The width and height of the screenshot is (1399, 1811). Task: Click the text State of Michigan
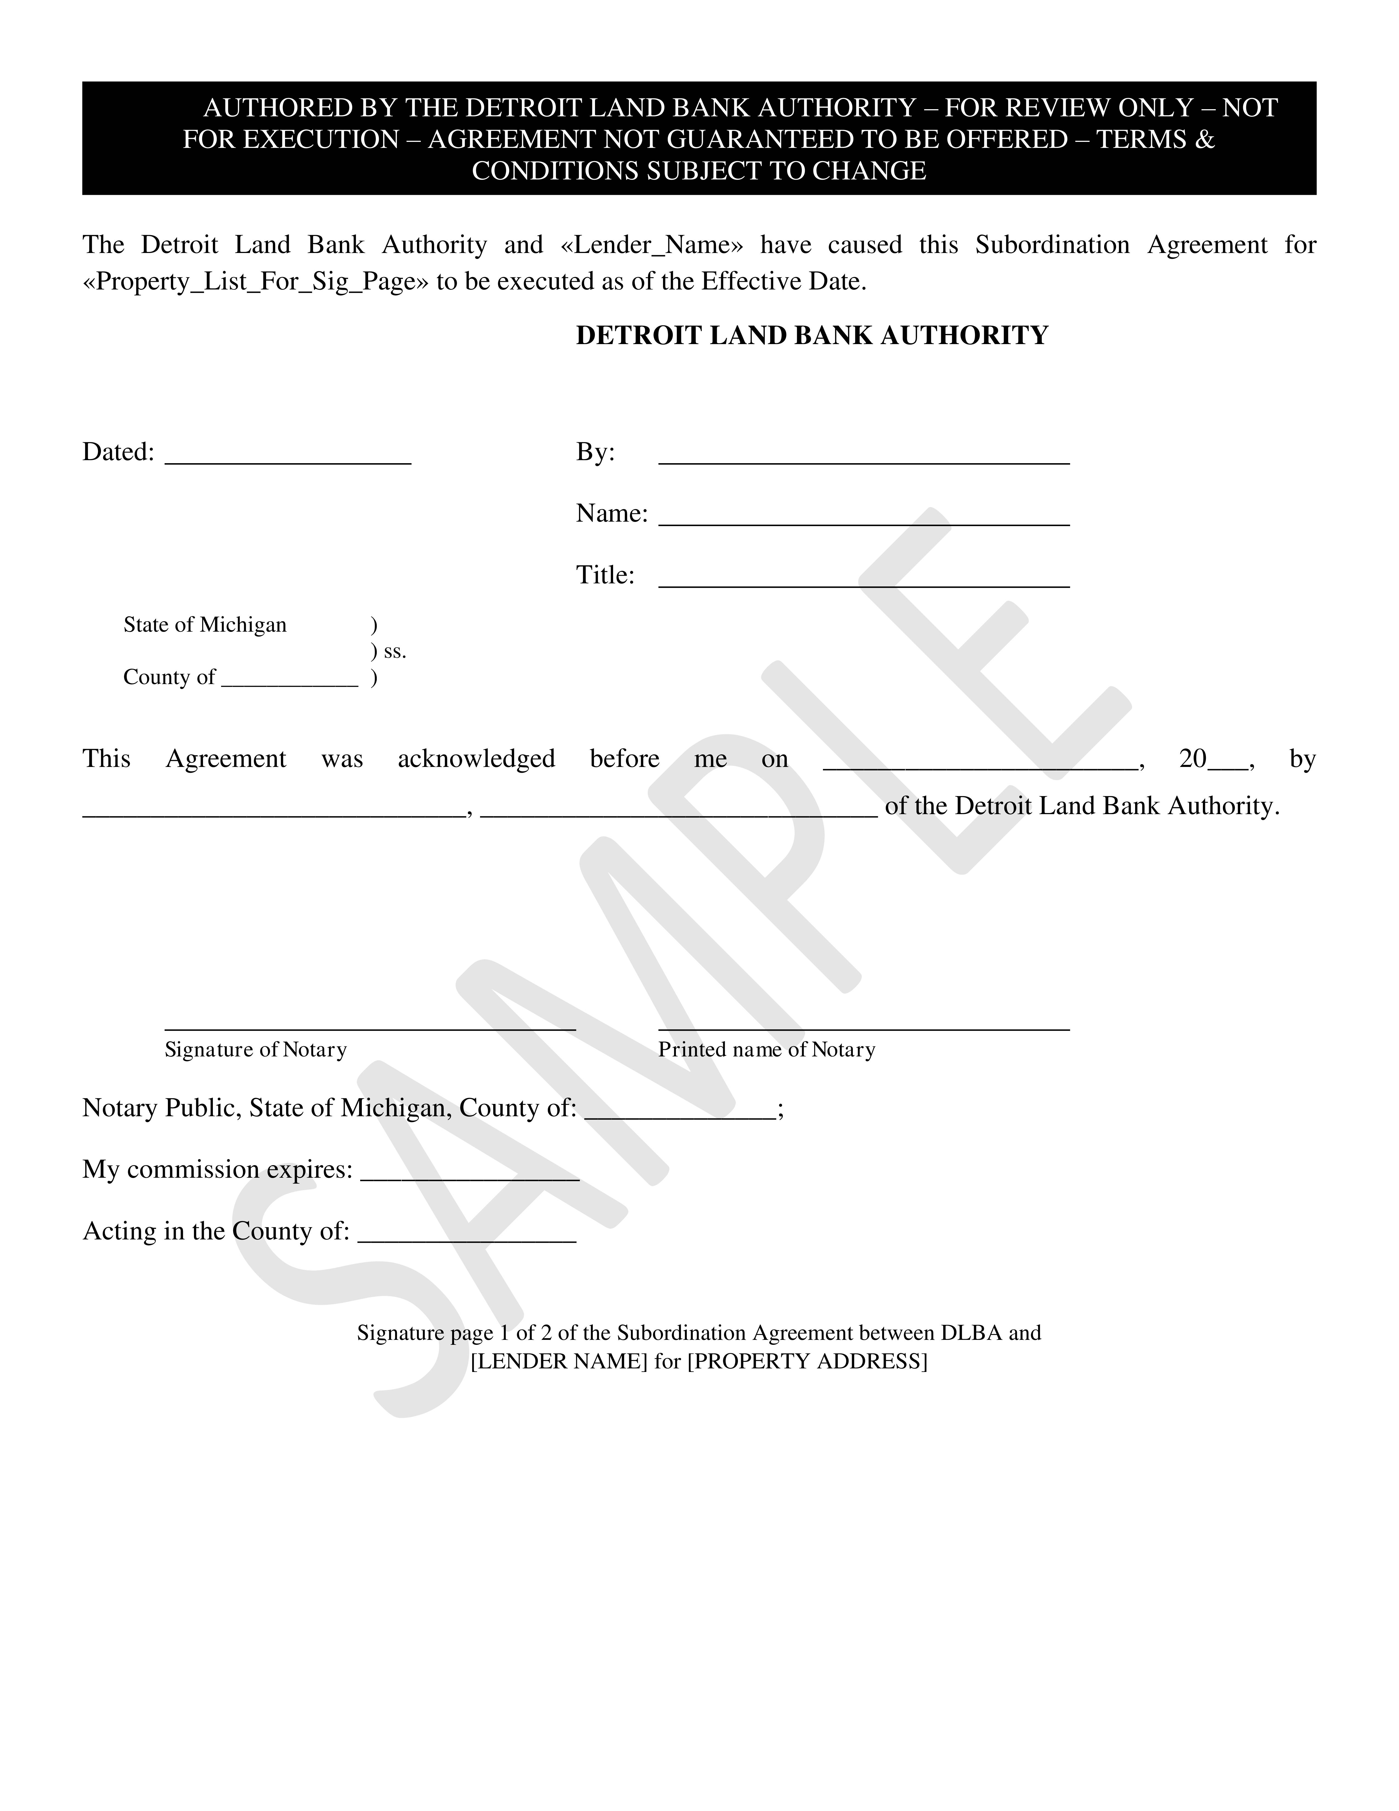coord(205,625)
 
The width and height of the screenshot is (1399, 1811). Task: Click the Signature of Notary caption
coord(255,1050)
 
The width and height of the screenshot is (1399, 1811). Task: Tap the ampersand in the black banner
coord(1205,139)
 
